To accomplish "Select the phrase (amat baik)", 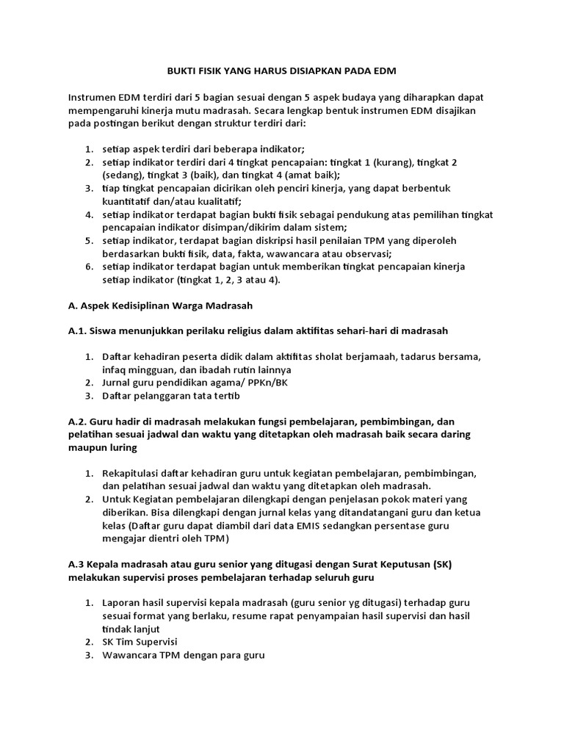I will (311, 175).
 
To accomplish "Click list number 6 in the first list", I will (88, 266).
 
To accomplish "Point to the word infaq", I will (116, 369).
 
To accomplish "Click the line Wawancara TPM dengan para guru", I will (184, 656).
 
